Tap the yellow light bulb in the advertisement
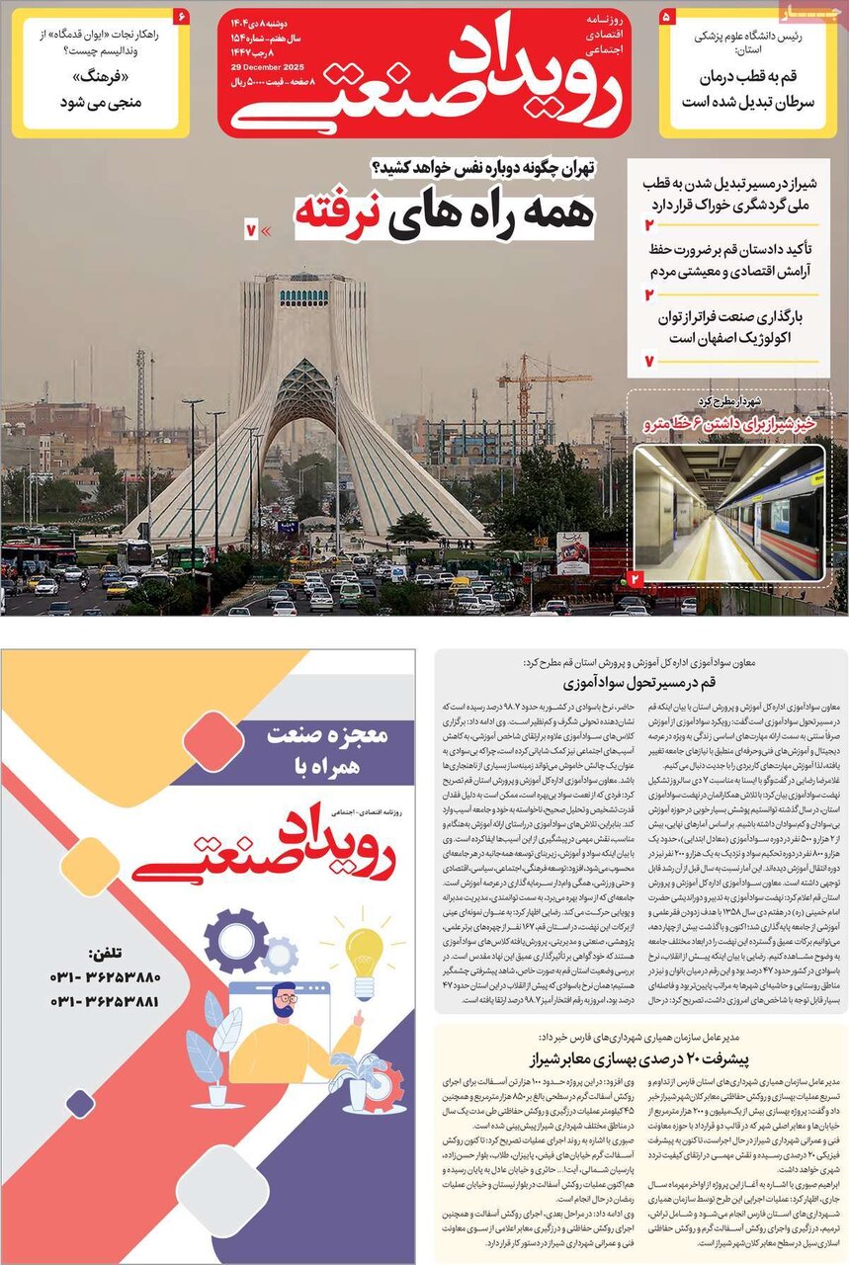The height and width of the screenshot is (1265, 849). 363,955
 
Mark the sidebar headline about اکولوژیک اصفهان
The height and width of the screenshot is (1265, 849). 736,328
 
